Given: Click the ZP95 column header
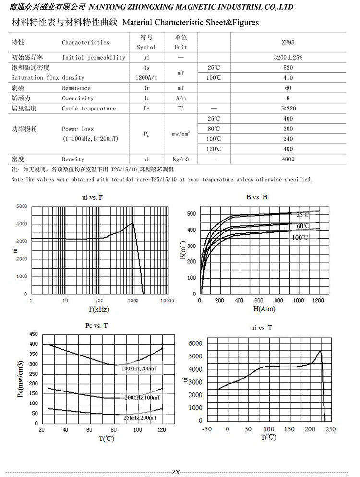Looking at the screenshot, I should [288, 42].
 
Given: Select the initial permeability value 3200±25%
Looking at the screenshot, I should [288, 57].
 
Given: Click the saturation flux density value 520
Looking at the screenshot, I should [288, 68].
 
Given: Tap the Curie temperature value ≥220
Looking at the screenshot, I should [288, 108].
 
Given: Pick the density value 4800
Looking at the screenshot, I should [288, 159].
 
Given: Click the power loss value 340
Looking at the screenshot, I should [288, 139].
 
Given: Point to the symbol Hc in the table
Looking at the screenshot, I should [146, 98].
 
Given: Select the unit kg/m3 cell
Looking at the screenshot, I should [180, 159].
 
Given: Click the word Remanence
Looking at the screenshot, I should [76, 88].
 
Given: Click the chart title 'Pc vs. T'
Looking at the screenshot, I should [96, 325].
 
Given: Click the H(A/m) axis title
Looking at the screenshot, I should [261, 309].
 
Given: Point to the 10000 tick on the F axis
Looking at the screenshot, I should [167, 300].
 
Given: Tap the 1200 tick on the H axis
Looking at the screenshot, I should [319, 300].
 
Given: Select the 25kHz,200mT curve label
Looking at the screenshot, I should [140, 418].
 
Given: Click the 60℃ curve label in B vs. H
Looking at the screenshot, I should [303, 226].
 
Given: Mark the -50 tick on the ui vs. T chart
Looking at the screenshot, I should [207, 428].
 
